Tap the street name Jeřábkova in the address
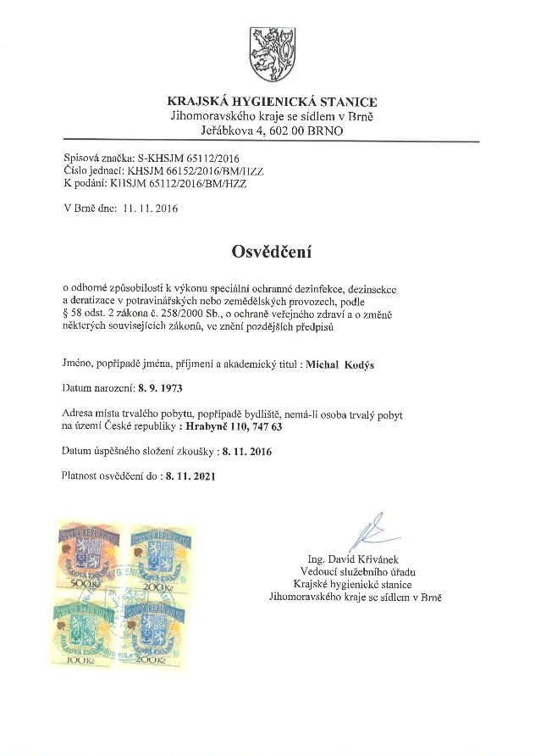coord(228,131)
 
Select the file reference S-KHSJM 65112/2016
coord(183,158)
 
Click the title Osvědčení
coord(267,252)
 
